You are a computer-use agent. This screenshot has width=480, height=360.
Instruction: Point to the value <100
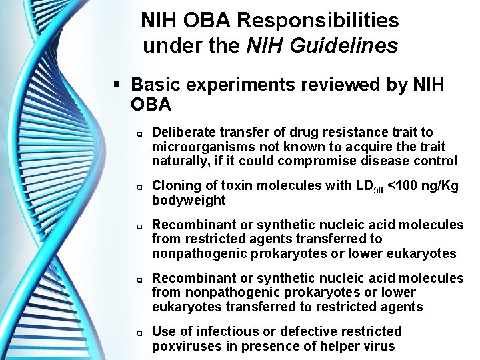pyautogui.click(x=404, y=186)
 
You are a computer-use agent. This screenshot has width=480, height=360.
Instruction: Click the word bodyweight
pyautogui.click(x=189, y=201)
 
